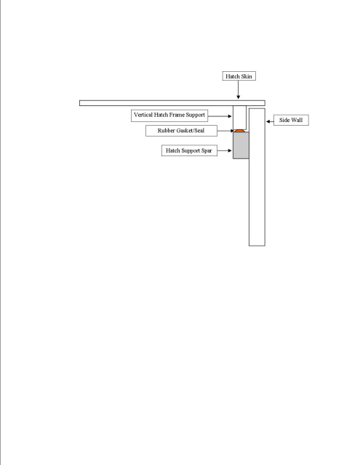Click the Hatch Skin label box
[x=239, y=76]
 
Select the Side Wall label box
[x=291, y=120]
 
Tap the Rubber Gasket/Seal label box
[x=181, y=131]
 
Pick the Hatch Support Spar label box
[x=189, y=150]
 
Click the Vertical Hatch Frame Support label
[x=169, y=116]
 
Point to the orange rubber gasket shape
[x=239, y=131]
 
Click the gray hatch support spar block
[x=241, y=145]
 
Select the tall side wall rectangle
[x=257, y=177]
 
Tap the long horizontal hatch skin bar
[x=172, y=103]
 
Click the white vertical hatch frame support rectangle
[x=239, y=118]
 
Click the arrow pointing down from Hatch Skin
[x=238, y=89]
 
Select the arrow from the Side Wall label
[x=270, y=121]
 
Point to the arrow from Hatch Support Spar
[x=225, y=150]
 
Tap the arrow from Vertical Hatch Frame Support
[x=220, y=116]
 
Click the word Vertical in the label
[x=143, y=115]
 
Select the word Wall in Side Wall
[x=297, y=120]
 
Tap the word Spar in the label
[x=207, y=150]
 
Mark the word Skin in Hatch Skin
[x=247, y=76]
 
